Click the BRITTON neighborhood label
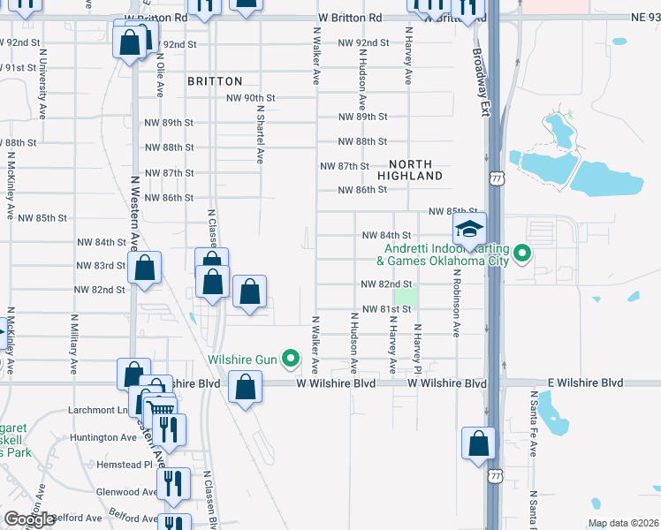(x=215, y=81)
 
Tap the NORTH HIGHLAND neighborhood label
(x=410, y=170)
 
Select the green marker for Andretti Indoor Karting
(x=522, y=255)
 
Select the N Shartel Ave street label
(x=261, y=135)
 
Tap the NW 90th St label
(x=252, y=98)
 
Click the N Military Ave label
(x=73, y=340)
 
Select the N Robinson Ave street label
(x=458, y=303)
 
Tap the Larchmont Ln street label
(x=97, y=411)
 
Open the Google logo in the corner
(x=29, y=519)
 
